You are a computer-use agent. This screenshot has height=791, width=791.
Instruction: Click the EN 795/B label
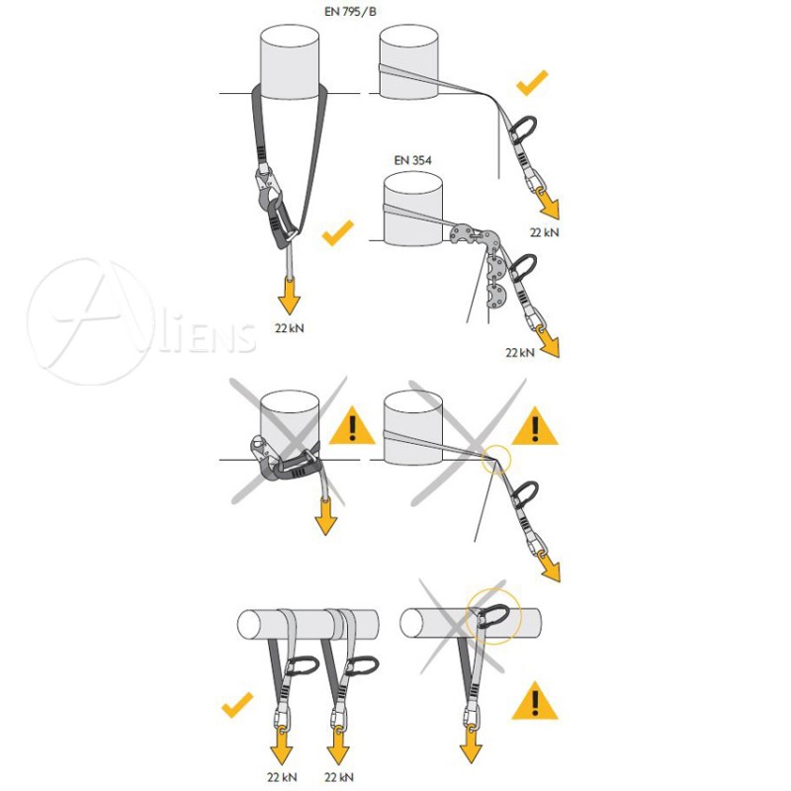point(350,12)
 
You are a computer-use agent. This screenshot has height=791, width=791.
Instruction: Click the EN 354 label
point(412,160)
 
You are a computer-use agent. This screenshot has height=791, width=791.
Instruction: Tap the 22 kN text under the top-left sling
point(290,328)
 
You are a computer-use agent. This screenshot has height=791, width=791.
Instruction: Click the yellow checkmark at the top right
point(532,83)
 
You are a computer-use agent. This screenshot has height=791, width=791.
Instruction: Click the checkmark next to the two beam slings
point(237,704)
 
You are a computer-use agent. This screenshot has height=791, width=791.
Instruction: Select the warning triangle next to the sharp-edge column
point(535,426)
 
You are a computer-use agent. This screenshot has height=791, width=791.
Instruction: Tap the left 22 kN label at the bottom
point(282,777)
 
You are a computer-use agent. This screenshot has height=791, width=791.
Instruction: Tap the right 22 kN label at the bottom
point(338,777)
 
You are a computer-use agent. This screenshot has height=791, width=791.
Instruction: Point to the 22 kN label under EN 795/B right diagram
point(545,232)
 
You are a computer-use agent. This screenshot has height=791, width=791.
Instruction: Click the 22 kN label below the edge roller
point(520,352)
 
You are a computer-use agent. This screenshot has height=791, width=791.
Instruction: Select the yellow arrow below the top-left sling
point(289,296)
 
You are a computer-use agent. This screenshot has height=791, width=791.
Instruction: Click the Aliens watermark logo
point(141,322)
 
